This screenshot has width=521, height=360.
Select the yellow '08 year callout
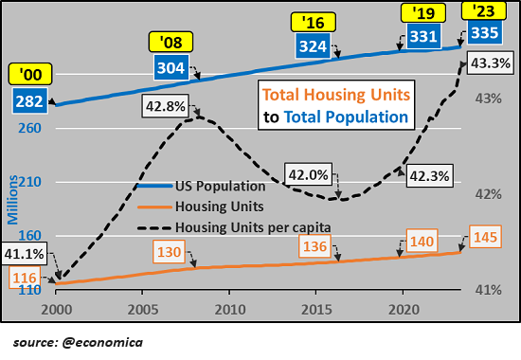[172, 43]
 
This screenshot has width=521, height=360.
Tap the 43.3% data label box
[490, 63]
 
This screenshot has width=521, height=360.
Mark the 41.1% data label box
[22, 253]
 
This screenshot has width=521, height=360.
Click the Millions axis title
[12, 200]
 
